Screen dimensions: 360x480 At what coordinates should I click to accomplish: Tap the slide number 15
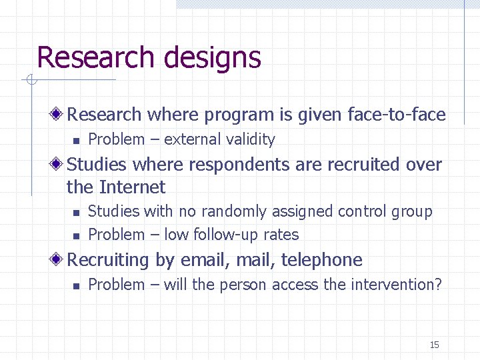click(434, 345)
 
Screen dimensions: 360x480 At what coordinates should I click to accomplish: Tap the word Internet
click(132, 187)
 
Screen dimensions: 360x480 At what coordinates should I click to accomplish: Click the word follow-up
click(224, 235)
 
